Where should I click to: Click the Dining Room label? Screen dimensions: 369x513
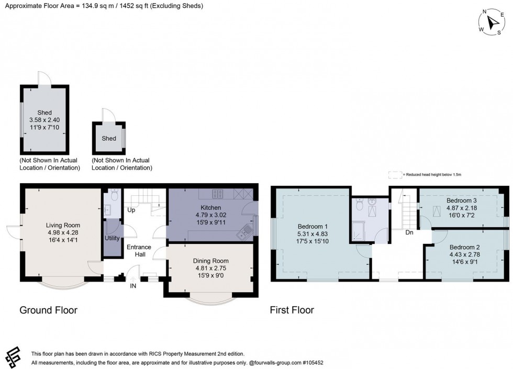(x=211, y=261)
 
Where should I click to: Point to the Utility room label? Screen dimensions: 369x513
(x=112, y=238)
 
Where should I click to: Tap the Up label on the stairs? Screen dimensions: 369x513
(x=131, y=210)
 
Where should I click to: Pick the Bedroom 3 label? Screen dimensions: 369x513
(x=461, y=200)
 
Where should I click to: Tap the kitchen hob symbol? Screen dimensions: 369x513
(x=218, y=194)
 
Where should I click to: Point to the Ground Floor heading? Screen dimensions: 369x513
(x=48, y=310)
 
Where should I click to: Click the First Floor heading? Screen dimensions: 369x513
(x=292, y=310)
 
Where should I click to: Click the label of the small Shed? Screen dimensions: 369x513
(x=109, y=138)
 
